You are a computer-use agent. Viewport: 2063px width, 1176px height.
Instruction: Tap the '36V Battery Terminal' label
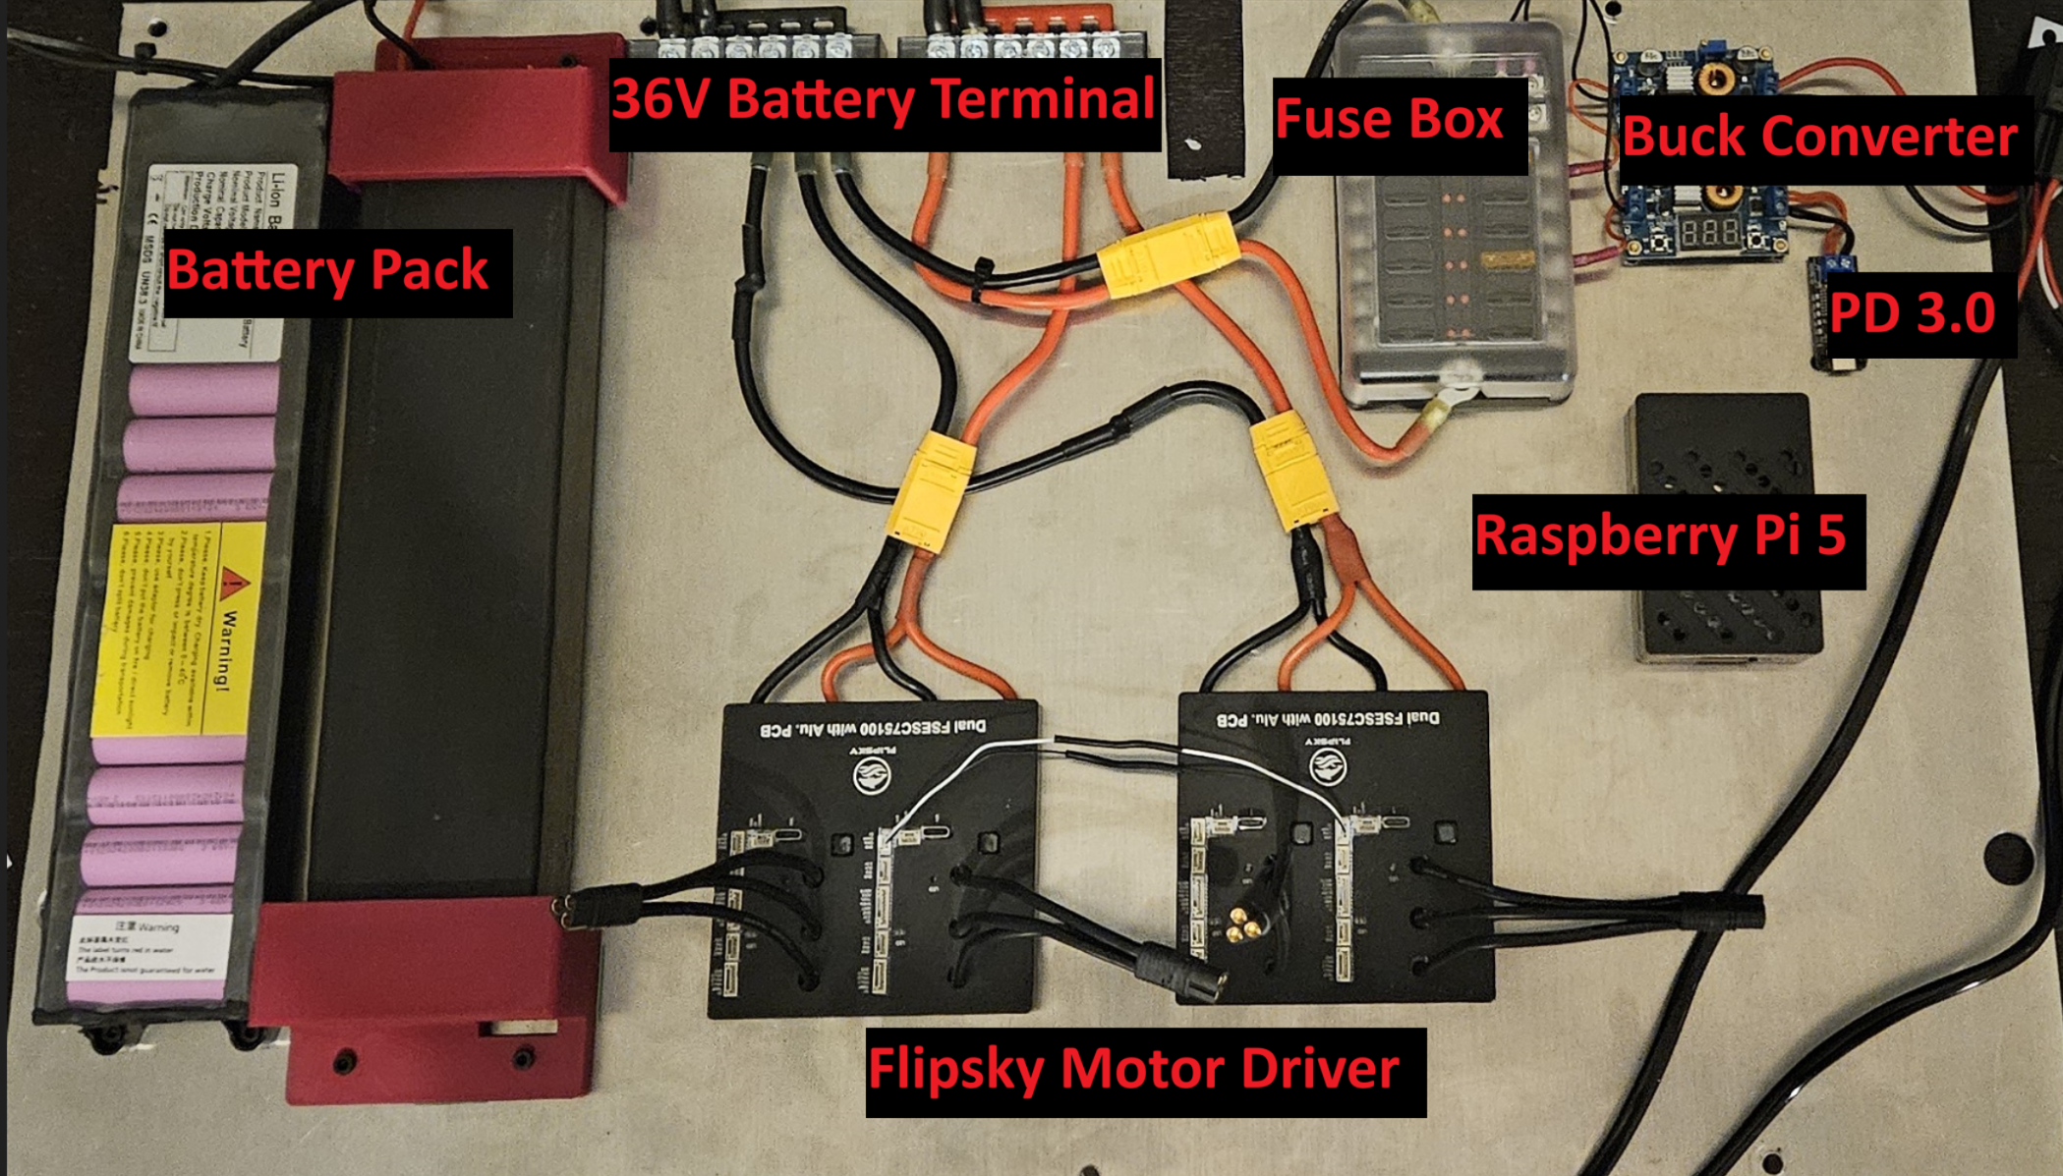(x=883, y=101)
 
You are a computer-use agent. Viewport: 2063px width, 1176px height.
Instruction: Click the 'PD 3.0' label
(x=1912, y=314)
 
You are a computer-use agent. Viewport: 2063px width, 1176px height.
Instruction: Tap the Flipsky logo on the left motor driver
(x=872, y=775)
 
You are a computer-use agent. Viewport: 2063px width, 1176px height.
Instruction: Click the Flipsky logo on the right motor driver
(x=1328, y=765)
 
